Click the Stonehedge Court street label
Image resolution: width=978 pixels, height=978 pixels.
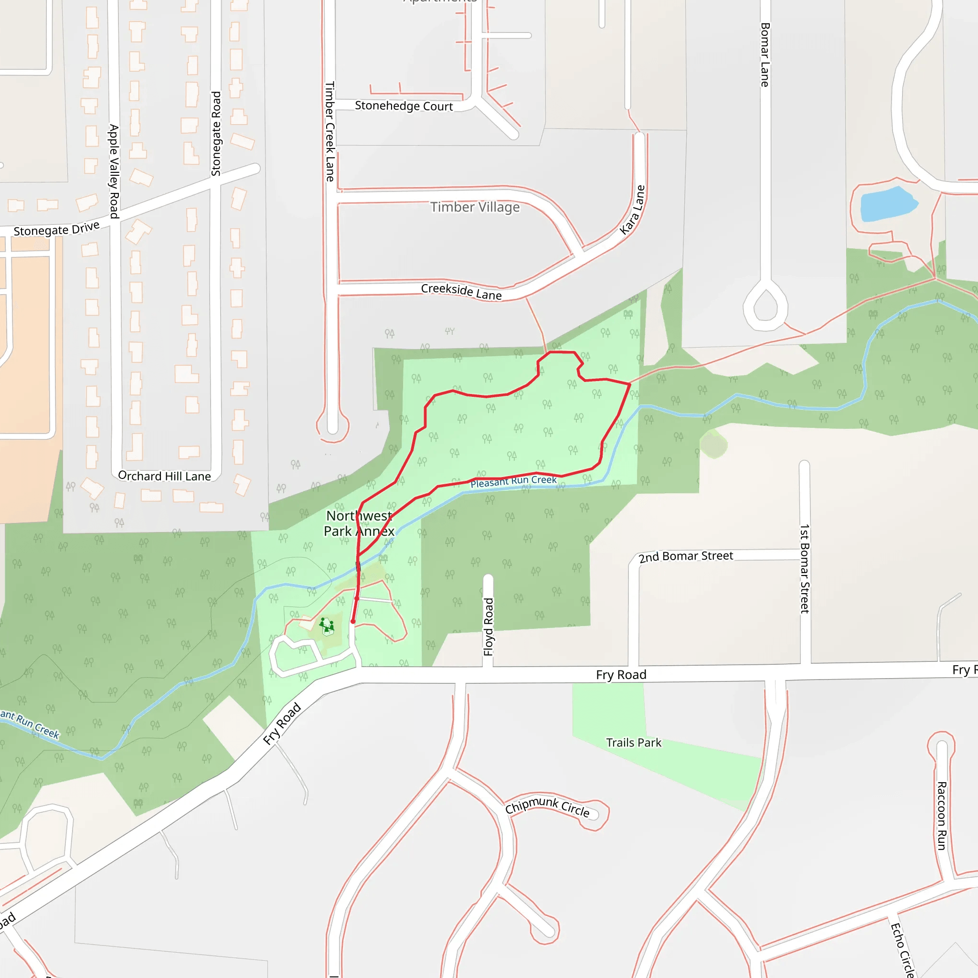click(404, 106)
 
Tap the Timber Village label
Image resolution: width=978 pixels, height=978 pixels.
click(475, 207)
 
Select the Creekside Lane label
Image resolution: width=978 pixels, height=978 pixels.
click(461, 291)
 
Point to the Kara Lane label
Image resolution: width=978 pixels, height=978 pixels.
click(633, 210)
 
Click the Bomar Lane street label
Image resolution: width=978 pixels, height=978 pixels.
click(765, 54)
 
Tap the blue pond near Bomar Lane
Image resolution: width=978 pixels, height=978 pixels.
click(887, 204)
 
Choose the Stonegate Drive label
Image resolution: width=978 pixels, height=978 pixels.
click(56, 229)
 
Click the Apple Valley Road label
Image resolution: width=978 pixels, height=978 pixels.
click(115, 171)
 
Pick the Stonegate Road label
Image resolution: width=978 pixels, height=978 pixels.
click(216, 134)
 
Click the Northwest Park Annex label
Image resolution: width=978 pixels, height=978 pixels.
click(359, 523)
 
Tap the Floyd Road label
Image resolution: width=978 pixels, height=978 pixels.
click(488, 627)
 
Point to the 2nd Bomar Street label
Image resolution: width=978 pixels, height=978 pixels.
click(685, 557)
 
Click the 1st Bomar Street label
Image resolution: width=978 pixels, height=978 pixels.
click(804, 568)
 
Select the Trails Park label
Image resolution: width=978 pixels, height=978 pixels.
click(633, 743)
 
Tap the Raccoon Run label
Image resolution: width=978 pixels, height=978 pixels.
click(942, 816)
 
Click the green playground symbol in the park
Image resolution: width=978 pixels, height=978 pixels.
click(327, 625)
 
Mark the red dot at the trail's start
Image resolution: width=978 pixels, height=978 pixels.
click(353, 622)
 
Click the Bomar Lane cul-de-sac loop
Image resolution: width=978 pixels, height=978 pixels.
click(765, 306)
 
